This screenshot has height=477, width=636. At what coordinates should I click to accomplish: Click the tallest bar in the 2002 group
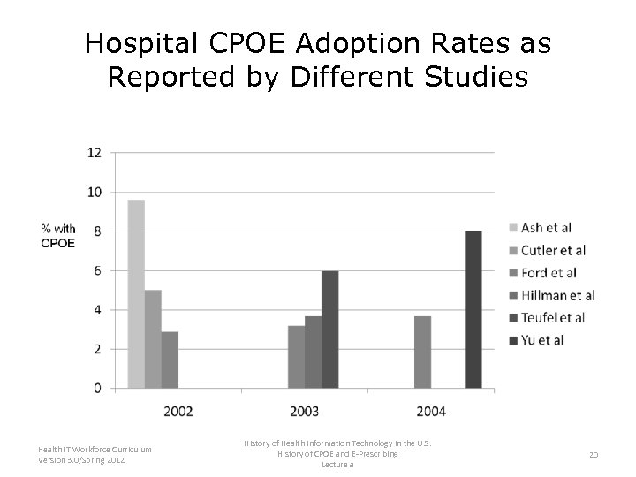(x=136, y=294)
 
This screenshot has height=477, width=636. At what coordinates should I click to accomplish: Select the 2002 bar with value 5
(x=153, y=339)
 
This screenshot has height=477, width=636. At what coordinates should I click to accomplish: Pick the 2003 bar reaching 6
(x=329, y=329)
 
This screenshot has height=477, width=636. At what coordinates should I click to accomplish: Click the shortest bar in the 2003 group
(x=296, y=357)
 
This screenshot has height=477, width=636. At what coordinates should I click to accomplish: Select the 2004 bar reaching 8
(x=473, y=310)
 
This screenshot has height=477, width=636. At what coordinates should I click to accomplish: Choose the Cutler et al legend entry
(x=552, y=250)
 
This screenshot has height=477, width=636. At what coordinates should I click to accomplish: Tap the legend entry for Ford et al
(x=548, y=273)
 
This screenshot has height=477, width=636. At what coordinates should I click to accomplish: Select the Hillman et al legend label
(x=556, y=295)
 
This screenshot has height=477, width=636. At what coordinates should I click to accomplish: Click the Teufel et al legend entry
(x=552, y=317)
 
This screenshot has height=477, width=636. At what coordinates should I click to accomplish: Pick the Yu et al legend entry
(x=541, y=340)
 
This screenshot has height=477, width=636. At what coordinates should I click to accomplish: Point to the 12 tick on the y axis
(x=94, y=152)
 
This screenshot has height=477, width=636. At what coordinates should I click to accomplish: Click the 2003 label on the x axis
(x=305, y=411)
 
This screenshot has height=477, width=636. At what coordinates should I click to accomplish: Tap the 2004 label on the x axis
(x=431, y=411)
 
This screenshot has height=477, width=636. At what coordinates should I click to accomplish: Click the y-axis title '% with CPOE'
(x=58, y=236)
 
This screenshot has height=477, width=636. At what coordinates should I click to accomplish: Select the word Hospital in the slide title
(x=145, y=42)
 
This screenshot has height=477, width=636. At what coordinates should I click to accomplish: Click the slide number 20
(x=594, y=454)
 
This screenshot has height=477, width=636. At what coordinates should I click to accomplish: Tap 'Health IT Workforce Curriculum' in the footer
(x=95, y=450)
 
